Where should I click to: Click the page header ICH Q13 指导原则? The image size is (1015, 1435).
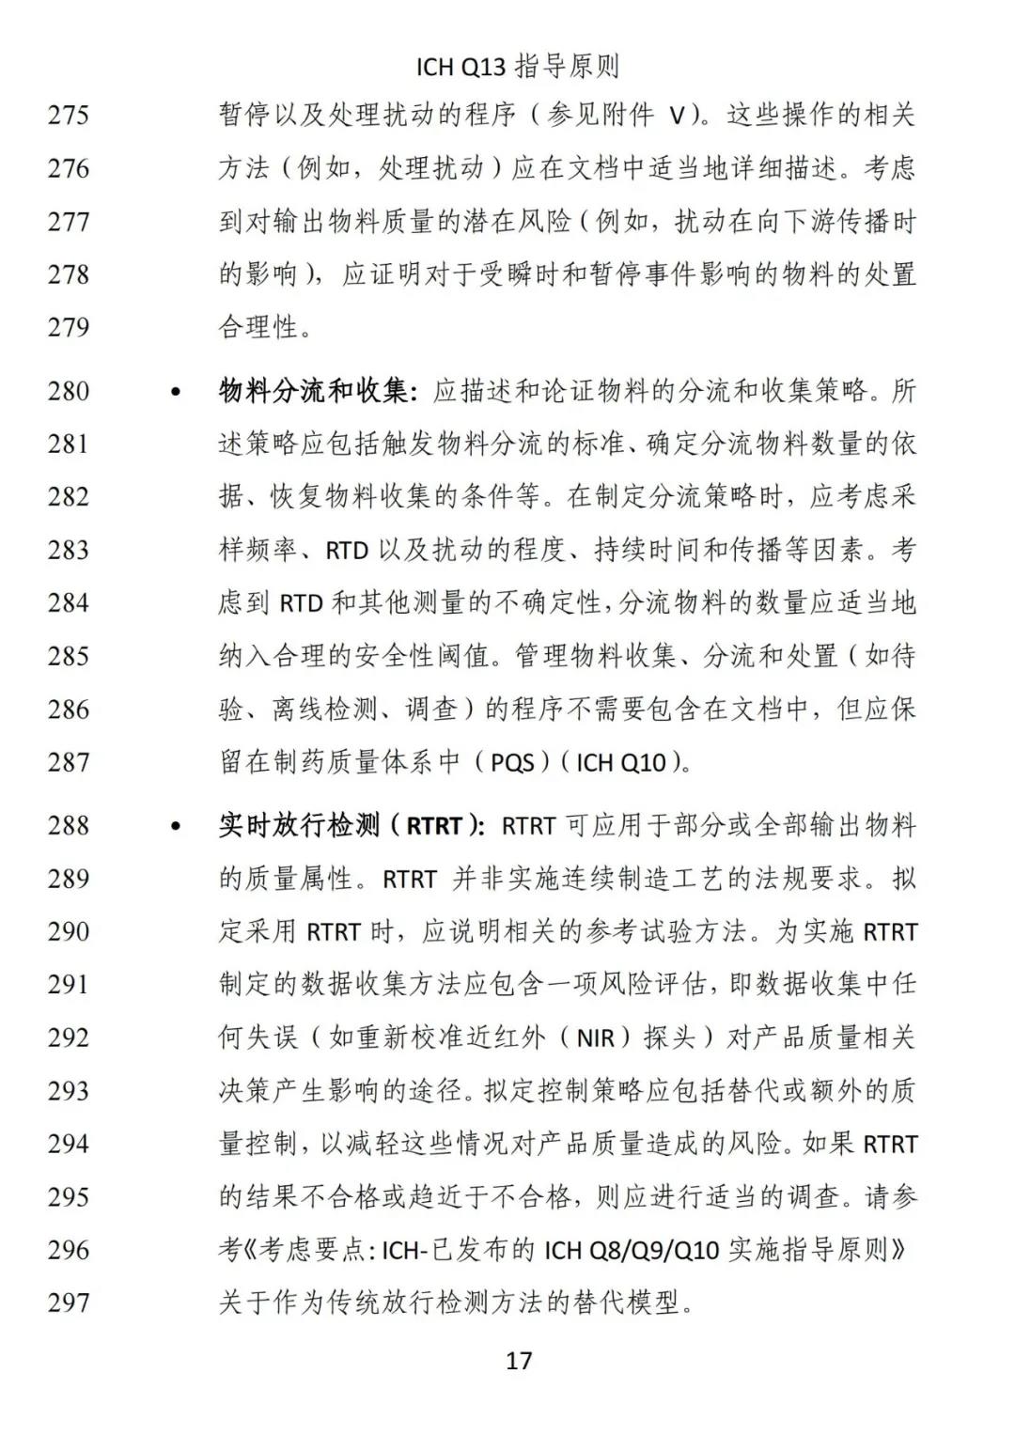pos(518,67)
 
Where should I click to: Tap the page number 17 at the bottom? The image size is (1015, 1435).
pos(519,1360)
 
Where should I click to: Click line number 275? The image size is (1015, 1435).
pos(69,116)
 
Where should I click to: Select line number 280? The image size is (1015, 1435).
pos(69,391)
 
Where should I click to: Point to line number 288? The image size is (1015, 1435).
pos(69,826)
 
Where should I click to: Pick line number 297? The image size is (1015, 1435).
pos(69,1302)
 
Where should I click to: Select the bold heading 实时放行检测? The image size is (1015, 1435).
pos(299,826)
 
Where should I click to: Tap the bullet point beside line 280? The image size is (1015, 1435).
pos(175,391)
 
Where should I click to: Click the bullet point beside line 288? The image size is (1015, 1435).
pos(175,827)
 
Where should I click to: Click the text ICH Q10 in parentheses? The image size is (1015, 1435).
pos(621,762)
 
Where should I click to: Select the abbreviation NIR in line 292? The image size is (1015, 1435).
pos(595,1038)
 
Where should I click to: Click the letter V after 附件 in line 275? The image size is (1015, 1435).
pos(677,117)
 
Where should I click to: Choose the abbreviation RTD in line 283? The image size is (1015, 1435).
pos(346,551)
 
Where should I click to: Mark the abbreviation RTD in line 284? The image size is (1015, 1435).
pos(301,603)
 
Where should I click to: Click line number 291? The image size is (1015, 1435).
pos(69,985)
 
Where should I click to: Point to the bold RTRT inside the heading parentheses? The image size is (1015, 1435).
pos(434,827)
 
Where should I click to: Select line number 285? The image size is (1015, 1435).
pos(69,656)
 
